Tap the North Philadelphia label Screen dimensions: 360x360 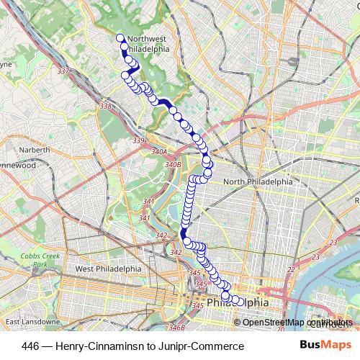coord(258,182)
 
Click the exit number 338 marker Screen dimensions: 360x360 coord(106,107)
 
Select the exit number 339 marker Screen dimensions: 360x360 coord(139,140)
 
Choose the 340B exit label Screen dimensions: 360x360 coord(172,165)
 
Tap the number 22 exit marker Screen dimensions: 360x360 coord(290,269)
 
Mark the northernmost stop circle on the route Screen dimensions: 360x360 coord(120,37)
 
